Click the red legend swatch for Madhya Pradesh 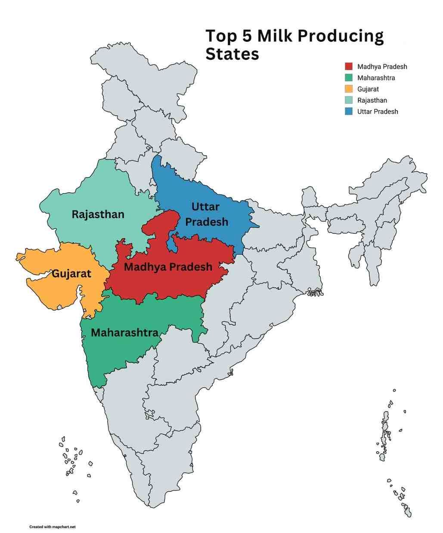coord(348,67)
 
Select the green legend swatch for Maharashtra coord(348,78)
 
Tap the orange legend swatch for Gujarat coord(348,89)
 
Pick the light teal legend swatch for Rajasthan coord(348,100)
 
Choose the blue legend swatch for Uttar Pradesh coord(348,111)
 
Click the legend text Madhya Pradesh coord(382,67)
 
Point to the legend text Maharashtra coord(376,78)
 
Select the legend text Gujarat coord(368,89)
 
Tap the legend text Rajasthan coord(372,100)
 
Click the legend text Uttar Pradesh coord(378,111)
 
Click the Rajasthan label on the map coord(98,214)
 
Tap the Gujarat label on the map coord(71,274)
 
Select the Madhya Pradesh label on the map coord(168,267)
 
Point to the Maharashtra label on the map coord(124,333)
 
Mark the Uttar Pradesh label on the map coord(206,214)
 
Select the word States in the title coord(232,55)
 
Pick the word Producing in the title coord(341,37)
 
